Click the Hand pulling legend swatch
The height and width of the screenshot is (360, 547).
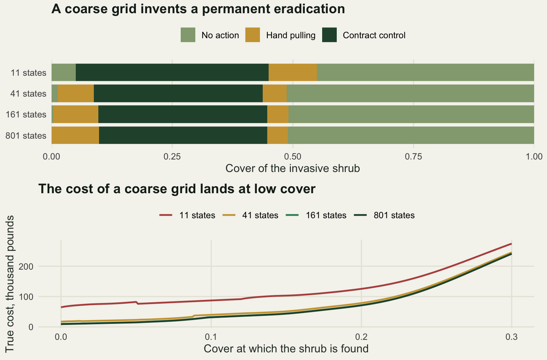point(253,35)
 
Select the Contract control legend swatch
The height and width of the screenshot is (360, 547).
point(329,35)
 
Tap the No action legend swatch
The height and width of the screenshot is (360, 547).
point(188,35)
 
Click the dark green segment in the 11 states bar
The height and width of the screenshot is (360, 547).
point(172,72)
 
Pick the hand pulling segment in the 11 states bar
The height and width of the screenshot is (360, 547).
point(293,72)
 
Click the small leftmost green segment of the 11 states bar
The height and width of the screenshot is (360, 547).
point(64,72)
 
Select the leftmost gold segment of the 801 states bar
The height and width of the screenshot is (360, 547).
point(75,135)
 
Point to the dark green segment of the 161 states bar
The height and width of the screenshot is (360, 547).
point(183,114)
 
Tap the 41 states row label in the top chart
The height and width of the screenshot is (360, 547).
point(28,93)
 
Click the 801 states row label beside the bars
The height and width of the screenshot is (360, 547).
point(26,136)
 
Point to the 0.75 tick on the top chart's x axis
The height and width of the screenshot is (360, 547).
point(414,157)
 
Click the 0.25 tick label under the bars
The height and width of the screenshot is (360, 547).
point(172,157)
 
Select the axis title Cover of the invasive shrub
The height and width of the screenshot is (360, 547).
point(293,168)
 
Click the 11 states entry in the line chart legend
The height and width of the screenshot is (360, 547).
point(187,215)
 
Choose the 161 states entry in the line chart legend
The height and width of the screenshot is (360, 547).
point(316,215)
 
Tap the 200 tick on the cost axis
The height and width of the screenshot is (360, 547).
point(26,266)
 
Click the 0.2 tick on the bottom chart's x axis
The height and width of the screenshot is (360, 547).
point(361,337)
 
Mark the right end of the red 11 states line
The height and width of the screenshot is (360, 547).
point(511,244)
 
